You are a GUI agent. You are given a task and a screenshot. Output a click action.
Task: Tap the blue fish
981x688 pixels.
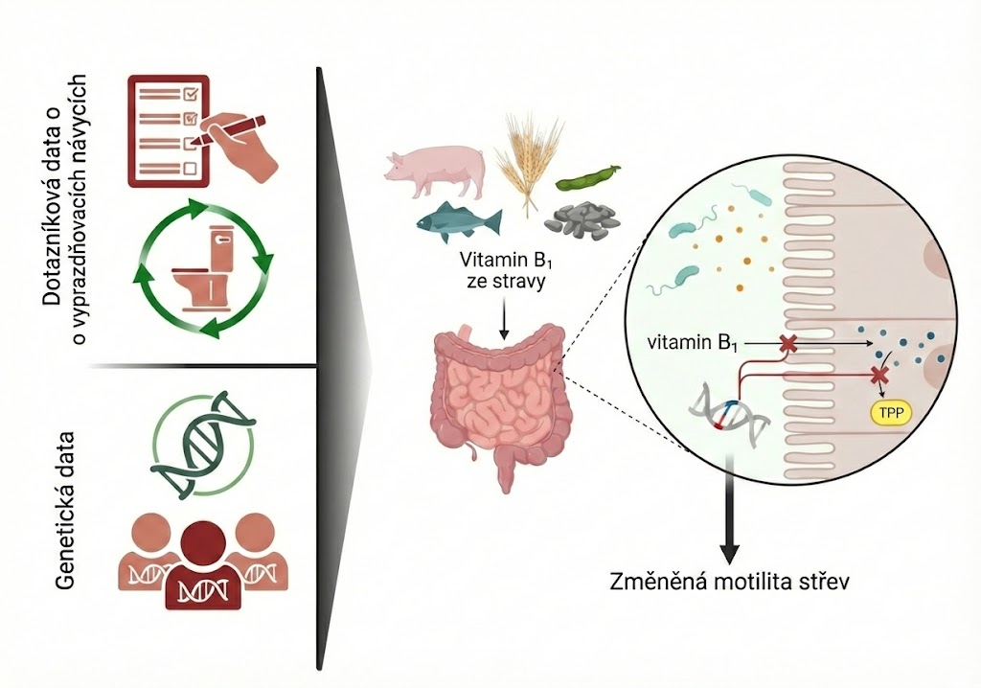click(x=459, y=220)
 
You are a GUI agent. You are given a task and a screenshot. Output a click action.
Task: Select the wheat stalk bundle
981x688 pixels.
click(x=524, y=163)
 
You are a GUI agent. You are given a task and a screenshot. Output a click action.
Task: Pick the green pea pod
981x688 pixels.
click(x=587, y=177)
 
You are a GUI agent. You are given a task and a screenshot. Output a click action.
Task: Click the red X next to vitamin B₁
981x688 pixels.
click(x=788, y=343)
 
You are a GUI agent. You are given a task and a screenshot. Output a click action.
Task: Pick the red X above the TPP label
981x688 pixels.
click(x=877, y=377)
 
